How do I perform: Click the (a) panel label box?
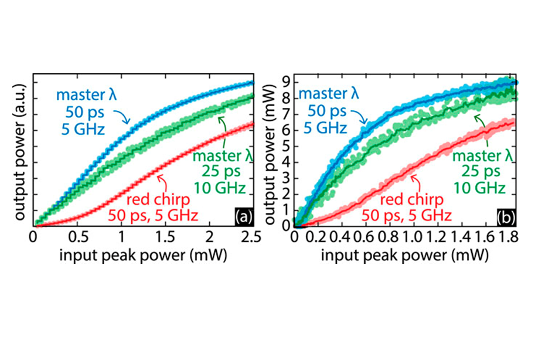[243, 217]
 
